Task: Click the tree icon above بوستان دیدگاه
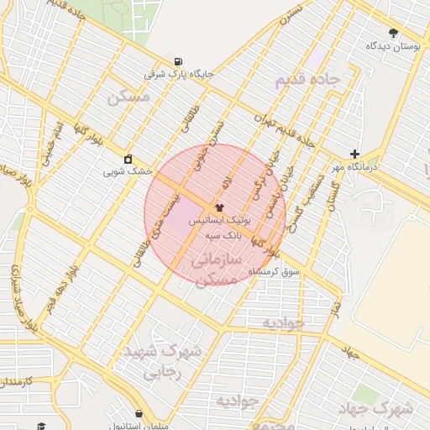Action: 393,33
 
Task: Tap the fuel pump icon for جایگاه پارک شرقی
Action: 178,61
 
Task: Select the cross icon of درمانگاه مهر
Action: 355,154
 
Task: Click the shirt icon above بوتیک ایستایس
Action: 220,207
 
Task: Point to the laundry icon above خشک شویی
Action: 128,159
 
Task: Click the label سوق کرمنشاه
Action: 285,274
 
